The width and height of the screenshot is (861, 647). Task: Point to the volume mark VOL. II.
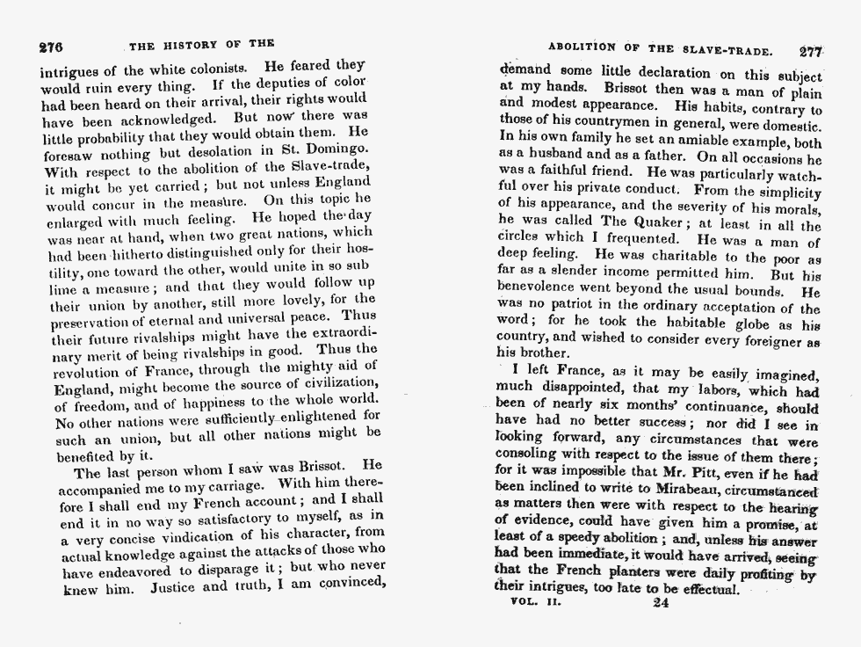coord(536,603)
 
